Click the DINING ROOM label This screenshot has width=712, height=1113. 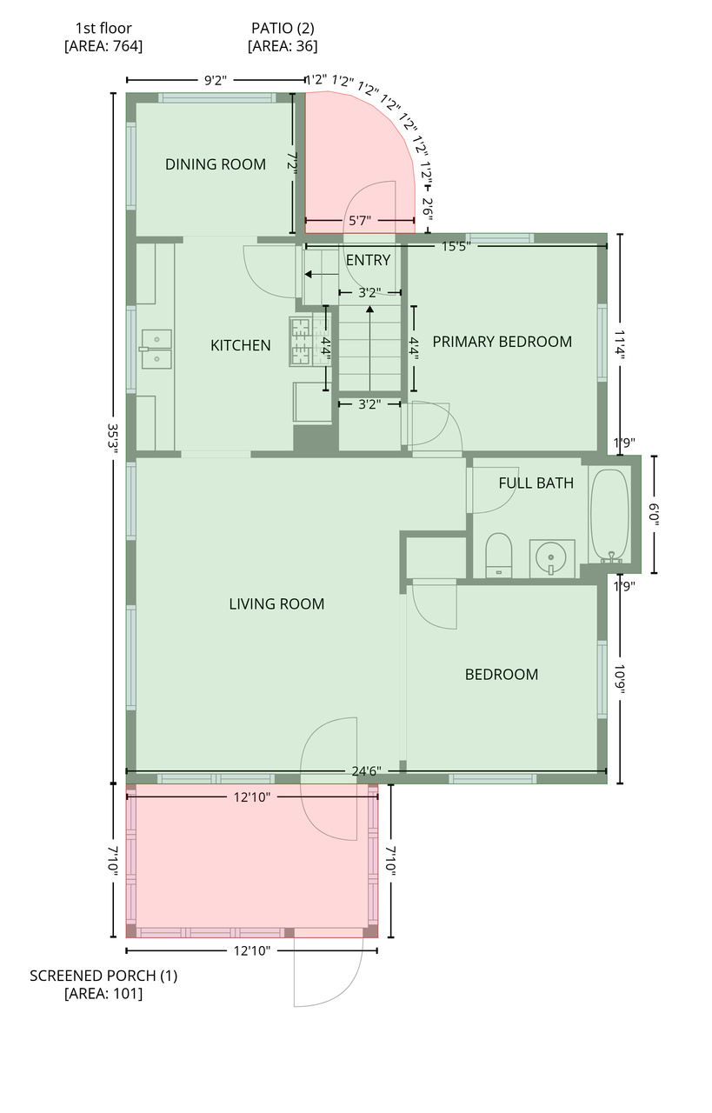(x=215, y=164)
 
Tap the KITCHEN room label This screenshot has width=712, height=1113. (x=241, y=345)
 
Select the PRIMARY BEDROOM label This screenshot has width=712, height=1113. (x=502, y=342)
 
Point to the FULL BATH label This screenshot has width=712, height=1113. (x=536, y=483)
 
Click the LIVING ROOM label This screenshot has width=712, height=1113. (x=276, y=603)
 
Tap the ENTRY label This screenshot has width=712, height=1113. (x=368, y=260)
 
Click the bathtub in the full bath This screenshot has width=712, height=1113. (x=609, y=515)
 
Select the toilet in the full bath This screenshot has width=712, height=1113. (x=498, y=556)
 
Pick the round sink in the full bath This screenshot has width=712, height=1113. (x=551, y=558)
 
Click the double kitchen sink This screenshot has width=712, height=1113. (x=156, y=349)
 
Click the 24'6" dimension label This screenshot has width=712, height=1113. (x=366, y=771)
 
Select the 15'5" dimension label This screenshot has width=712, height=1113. (x=456, y=246)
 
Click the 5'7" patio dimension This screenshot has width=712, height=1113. (x=360, y=221)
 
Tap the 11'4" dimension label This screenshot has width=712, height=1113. (x=621, y=343)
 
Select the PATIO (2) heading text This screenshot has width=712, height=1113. (x=283, y=29)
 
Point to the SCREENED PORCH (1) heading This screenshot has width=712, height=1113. (x=103, y=976)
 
